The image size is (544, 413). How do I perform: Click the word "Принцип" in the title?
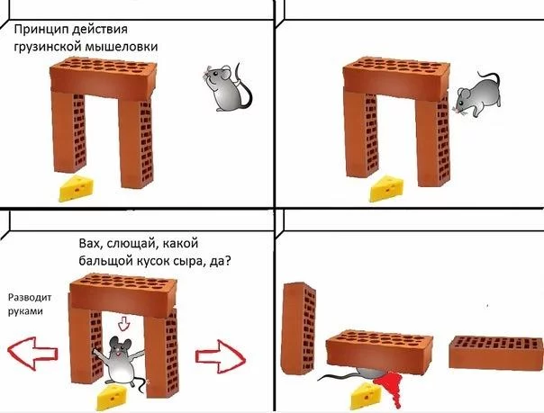point(41,31)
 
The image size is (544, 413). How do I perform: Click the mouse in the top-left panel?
point(221,85)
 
